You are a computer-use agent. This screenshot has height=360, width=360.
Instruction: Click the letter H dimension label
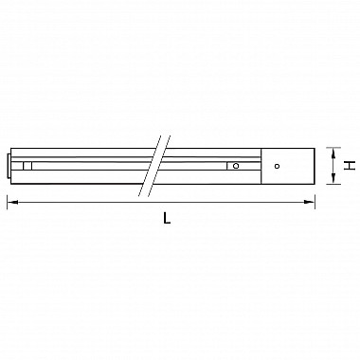[x=350, y=165]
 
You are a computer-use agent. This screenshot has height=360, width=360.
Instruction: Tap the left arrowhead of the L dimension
[x=11, y=200]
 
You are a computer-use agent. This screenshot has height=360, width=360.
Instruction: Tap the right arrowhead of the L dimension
[x=312, y=200]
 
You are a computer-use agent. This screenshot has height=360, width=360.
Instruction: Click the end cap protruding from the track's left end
[x=10, y=165]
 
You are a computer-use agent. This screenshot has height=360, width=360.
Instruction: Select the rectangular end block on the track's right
[x=288, y=165]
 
